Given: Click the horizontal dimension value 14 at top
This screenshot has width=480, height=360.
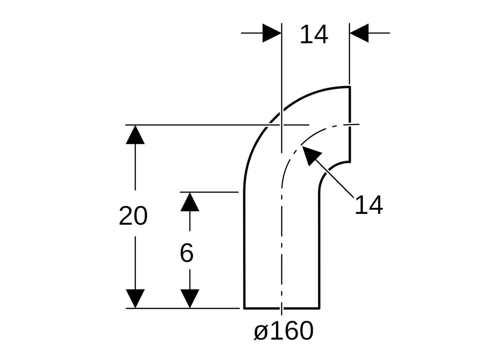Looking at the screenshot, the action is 314,34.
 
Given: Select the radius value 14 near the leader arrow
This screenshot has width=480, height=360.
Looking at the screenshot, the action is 369,205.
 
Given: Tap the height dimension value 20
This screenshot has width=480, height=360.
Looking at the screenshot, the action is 133,216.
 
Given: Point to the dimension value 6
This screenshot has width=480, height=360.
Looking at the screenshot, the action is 186,253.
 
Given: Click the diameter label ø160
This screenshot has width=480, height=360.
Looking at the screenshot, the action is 284,331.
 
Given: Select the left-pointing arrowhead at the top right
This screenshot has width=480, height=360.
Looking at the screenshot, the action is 359,33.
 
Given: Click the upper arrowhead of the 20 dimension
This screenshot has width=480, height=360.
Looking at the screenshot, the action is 135,135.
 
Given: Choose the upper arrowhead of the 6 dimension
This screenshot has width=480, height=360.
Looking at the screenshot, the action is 190,202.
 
